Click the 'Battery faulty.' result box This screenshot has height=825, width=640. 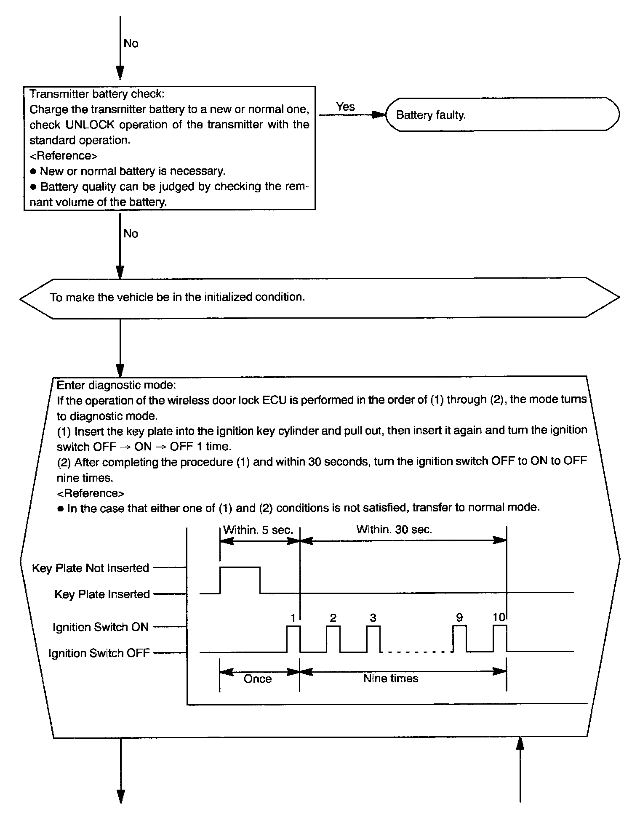point(502,114)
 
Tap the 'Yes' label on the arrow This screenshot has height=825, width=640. point(345,107)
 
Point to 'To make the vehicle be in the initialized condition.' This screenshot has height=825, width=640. point(177,297)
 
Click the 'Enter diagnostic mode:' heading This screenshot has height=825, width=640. point(116,385)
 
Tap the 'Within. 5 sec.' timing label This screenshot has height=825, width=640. point(258,530)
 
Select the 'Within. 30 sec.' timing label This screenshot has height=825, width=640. point(394,530)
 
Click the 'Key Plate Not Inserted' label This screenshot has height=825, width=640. point(91,568)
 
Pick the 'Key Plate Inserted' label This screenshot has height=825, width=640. point(102,594)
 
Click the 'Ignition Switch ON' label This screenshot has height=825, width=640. point(101,627)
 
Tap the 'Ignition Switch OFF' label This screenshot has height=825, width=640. point(99,653)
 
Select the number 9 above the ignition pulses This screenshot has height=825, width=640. point(459,617)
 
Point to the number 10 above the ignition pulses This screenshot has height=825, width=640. point(499,617)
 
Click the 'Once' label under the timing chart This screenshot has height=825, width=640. point(258,679)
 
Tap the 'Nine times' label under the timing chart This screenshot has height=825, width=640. point(391,679)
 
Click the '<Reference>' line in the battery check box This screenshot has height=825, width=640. point(64,156)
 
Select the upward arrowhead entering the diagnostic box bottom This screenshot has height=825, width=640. point(520,745)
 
